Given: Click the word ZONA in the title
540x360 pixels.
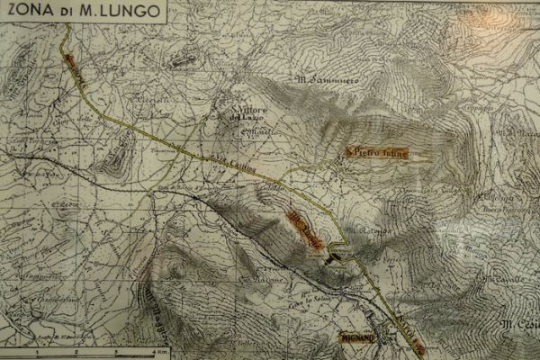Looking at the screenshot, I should coord(27,12).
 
